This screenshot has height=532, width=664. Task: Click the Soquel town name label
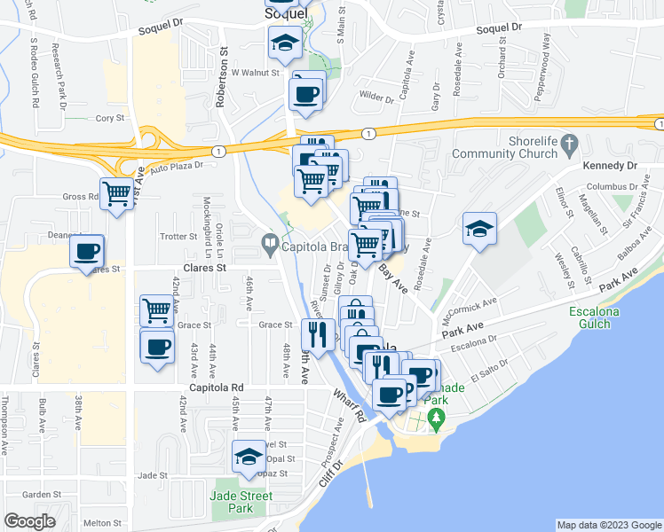(x=288, y=15)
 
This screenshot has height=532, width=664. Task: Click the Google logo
(x=28, y=521)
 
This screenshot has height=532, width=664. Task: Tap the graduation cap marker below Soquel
(x=285, y=42)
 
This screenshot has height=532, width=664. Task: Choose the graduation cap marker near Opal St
(x=249, y=457)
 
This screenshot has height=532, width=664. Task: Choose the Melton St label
(x=102, y=523)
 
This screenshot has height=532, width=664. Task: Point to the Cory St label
(x=110, y=117)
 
